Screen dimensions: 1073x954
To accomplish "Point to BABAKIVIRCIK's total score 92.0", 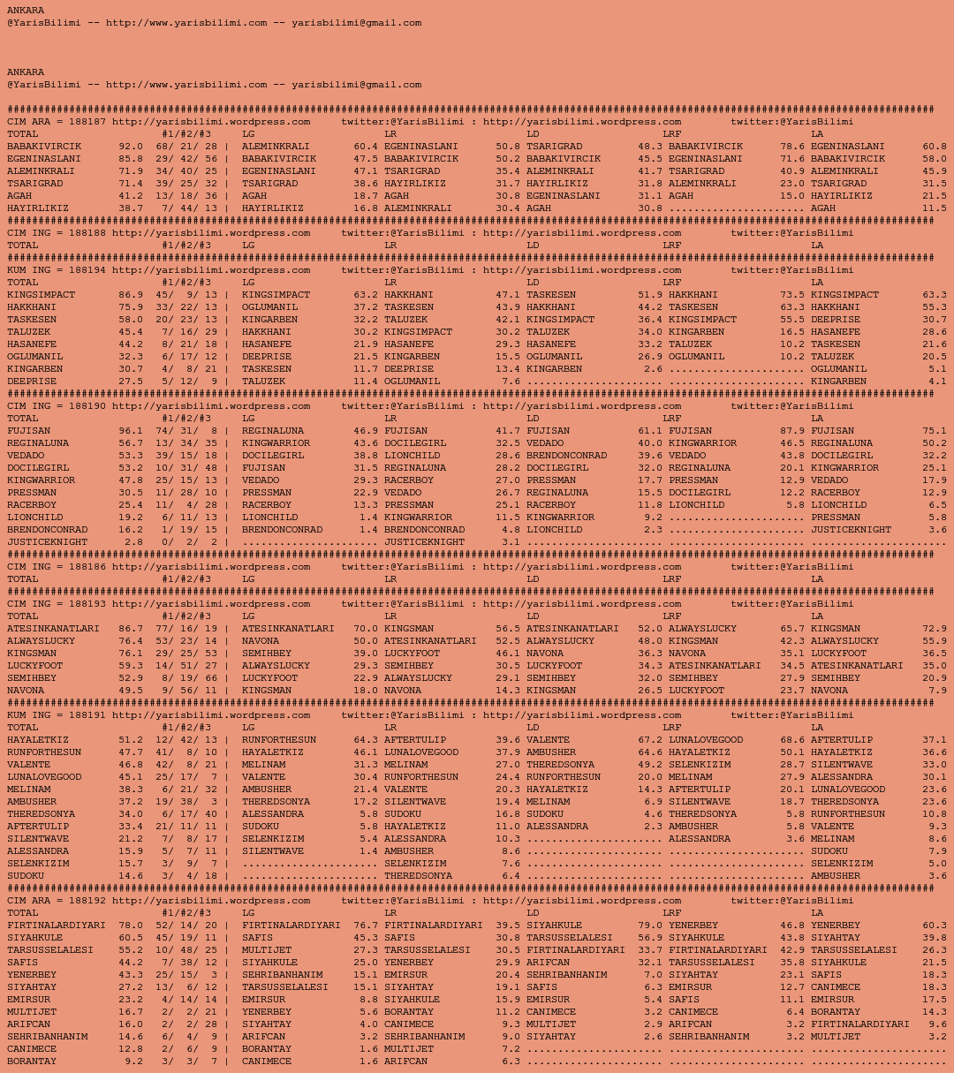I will [x=130, y=147].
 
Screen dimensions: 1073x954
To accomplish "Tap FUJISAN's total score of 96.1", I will [x=130, y=431].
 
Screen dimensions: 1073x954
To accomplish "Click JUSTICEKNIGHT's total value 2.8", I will [x=133, y=542].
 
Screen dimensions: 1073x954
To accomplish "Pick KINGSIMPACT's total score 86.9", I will [x=130, y=295].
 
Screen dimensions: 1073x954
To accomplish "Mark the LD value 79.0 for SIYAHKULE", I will [x=649, y=926].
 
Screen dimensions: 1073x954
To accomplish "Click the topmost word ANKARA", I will [x=26, y=11].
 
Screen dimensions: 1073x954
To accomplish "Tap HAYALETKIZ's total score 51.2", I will [x=130, y=740].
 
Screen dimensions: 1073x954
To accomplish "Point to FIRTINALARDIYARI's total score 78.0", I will [x=130, y=926].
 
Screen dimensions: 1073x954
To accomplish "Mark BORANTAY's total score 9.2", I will [x=133, y=1062].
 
